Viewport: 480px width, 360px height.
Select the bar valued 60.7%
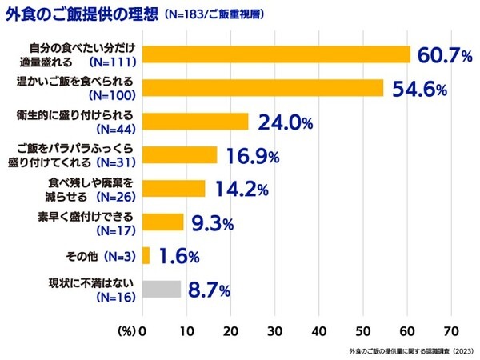(x=276, y=54)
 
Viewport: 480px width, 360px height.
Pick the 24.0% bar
(x=195, y=121)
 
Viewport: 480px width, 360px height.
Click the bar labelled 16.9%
(x=179, y=154)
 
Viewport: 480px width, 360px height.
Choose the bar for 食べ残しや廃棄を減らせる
(x=174, y=188)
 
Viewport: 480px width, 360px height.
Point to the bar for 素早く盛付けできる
(x=163, y=222)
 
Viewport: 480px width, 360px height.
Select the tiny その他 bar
(x=146, y=255)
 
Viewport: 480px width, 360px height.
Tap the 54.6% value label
(x=418, y=88)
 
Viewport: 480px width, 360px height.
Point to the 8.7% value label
(x=209, y=290)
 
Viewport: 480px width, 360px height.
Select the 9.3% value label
(x=212, y=222)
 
